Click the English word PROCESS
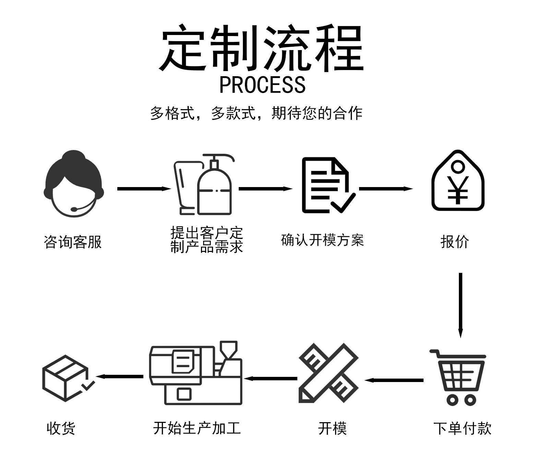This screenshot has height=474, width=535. coord(262,85)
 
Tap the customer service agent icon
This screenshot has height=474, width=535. coord(74,184)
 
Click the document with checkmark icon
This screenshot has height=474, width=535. coord(328,185)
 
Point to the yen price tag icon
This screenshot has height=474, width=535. coord(457,181)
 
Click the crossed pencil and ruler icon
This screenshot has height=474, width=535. coord(328,373)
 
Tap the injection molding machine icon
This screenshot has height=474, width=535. coord(196,373)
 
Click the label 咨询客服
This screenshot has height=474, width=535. coord(73,242)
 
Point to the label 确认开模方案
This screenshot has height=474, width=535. coord(322,240)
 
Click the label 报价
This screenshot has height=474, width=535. coord(455,242)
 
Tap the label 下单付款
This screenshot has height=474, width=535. coord(462,428)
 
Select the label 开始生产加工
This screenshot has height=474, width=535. coord(197,428)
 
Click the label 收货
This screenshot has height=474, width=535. coord(61,428)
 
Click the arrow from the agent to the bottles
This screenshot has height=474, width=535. coord(144,189)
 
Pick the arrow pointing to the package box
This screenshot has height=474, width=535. coord(120,377)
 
